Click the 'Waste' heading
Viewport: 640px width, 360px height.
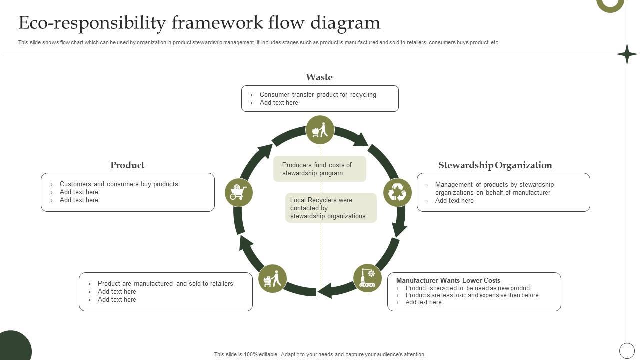pyautogui.click(x=319, y=77)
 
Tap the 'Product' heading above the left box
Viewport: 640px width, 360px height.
pyautogui.click(x=127, y=165)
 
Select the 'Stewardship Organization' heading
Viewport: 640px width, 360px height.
pyautogui.click(x=495, y=165)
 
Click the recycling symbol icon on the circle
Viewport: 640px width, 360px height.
pyautogui.click(x=397, y=192)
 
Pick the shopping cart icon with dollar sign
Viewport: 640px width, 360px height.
pyautogui.click(x=238, y=192)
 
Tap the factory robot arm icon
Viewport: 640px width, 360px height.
pyautogui.click(x=367, y=278)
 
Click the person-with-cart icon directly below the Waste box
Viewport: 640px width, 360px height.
pyautogui.click(x=320, y=130)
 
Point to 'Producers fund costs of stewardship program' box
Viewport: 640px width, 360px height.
pyautogui.click(x=319, y=169)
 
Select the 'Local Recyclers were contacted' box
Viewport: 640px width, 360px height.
pyautogui.click(x=330, y=208)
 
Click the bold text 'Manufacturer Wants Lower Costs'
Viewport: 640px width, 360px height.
pyautogui.click(x=448, y=280)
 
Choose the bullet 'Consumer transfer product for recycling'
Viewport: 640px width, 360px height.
pyautogui.click(x=318, y=95)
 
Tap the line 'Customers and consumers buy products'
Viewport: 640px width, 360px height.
pyautogui.click(x=119, y=184)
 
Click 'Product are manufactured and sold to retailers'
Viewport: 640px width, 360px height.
pyautogui.click(x=165, y=284)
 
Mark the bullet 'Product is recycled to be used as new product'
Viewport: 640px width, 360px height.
pyautogui.click(x=468, y=288)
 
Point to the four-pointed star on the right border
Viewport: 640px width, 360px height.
pyautogui.click(x=627, y=54)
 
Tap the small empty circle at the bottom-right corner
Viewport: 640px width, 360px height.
pyautogui.click(x=627, y=350)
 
